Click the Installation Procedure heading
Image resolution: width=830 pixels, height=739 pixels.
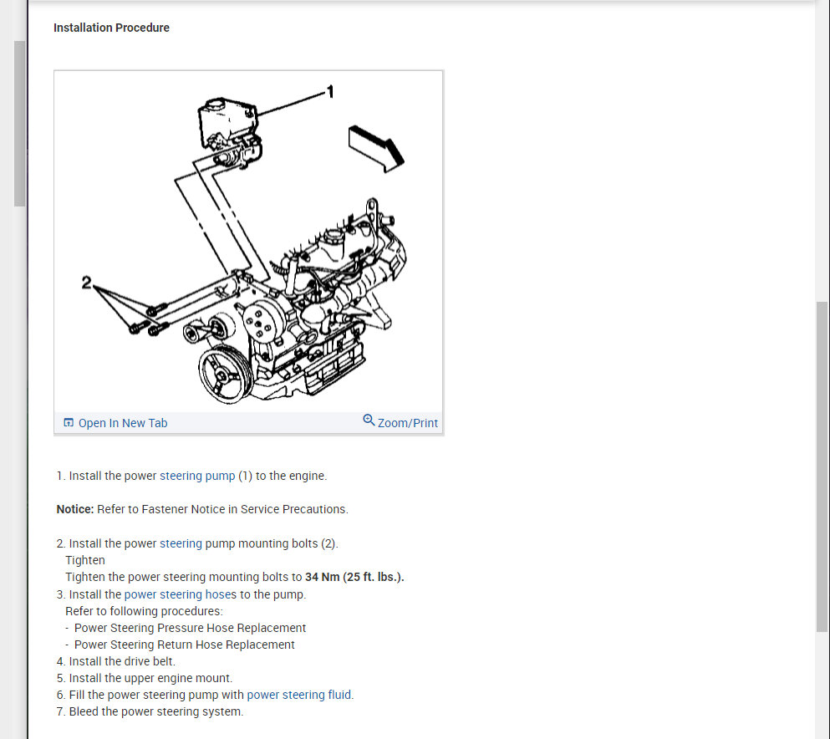(111, 28)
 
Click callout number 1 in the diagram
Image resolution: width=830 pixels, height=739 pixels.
(329, 92)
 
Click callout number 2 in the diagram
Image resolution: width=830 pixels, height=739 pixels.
(87, 283)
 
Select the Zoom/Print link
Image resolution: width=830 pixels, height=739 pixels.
(407, 423)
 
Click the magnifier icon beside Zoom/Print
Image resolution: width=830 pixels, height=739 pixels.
(369, 420)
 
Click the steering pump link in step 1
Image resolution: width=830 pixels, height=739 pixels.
(197, 476)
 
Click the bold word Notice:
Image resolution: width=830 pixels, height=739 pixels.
(74, 509)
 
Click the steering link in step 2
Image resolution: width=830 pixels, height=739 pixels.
(181, 543)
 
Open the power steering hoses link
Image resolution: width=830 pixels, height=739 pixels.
(180, 594)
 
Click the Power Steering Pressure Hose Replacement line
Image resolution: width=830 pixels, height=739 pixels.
(190, 628)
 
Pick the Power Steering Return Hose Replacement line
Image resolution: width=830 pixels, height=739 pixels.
(184, 645)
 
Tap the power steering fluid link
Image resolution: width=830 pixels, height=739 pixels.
(299, 695)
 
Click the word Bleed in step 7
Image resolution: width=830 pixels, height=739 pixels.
(84, 711)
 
